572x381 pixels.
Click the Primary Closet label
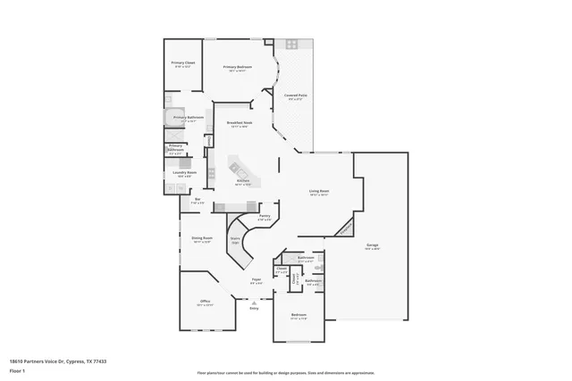coord(183,62)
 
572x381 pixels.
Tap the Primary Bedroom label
coord(236,67)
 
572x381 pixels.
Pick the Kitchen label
coord(242,180)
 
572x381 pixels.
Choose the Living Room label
coord(319,191)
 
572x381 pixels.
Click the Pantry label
coord(265,215)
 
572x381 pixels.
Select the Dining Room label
coord(201,237)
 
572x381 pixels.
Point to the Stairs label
coord(235,238)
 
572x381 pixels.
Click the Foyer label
coord(256,279)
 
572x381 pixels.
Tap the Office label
coord(205,301)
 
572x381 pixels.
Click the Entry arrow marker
coord(254,303)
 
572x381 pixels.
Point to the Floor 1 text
coord(16,369)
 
